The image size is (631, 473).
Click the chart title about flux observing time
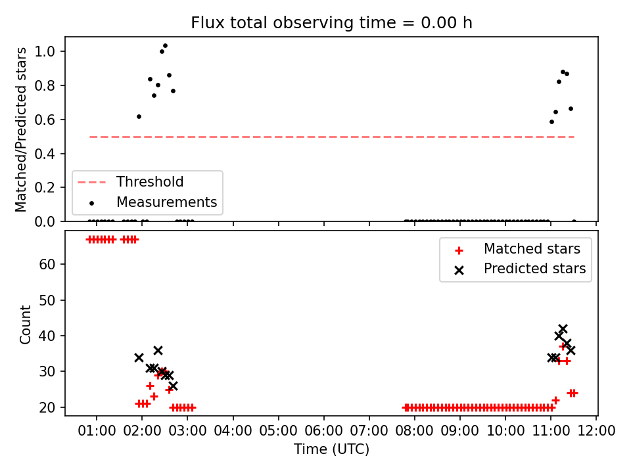tap(331, 23)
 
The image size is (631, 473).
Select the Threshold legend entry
tap(130, 182)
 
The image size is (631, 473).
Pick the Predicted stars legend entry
tap(519, 269)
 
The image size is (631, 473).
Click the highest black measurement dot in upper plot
tap(165, 46)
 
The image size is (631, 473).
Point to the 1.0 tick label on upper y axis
tap(44, 51)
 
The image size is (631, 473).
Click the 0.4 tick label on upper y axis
tap(44, 154)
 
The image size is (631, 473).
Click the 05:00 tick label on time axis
tap(278, 431)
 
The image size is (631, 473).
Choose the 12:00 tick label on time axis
tap(596, 431)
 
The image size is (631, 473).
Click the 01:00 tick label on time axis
tap(97, 431)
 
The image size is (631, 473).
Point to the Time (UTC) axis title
tap(331, 449)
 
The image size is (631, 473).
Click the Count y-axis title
tap(26, 324)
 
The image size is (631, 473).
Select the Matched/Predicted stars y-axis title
tap(21, 129)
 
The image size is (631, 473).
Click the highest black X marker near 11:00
tap(563, 329)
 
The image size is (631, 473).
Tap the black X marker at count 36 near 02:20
tap(158, 350)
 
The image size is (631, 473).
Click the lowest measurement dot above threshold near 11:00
tap(551, 122)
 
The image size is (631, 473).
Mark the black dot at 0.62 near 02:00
tap(139, 117)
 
